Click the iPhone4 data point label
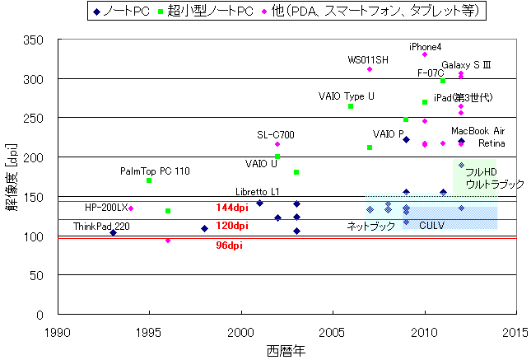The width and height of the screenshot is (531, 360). point(425,47)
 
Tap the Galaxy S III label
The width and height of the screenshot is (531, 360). point(466,64)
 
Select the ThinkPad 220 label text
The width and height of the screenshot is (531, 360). point(101,227)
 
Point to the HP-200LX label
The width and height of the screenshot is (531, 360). point(106,207)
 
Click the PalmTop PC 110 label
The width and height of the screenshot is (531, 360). point(155,171)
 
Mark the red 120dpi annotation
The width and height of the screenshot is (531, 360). point(232,226)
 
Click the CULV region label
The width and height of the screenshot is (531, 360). point(433,225)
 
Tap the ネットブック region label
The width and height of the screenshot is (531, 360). point(370,226)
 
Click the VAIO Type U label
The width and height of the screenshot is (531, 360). point(347,96)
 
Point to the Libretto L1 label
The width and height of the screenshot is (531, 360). point(257,192)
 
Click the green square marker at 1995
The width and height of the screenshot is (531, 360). point(149,180)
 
